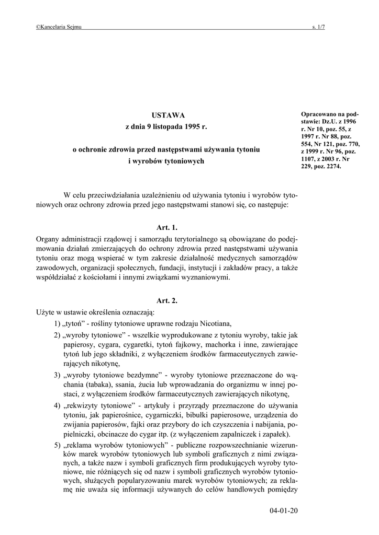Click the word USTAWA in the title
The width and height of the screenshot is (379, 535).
coord(166,115)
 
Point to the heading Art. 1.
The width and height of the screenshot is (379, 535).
coord(167,227)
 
